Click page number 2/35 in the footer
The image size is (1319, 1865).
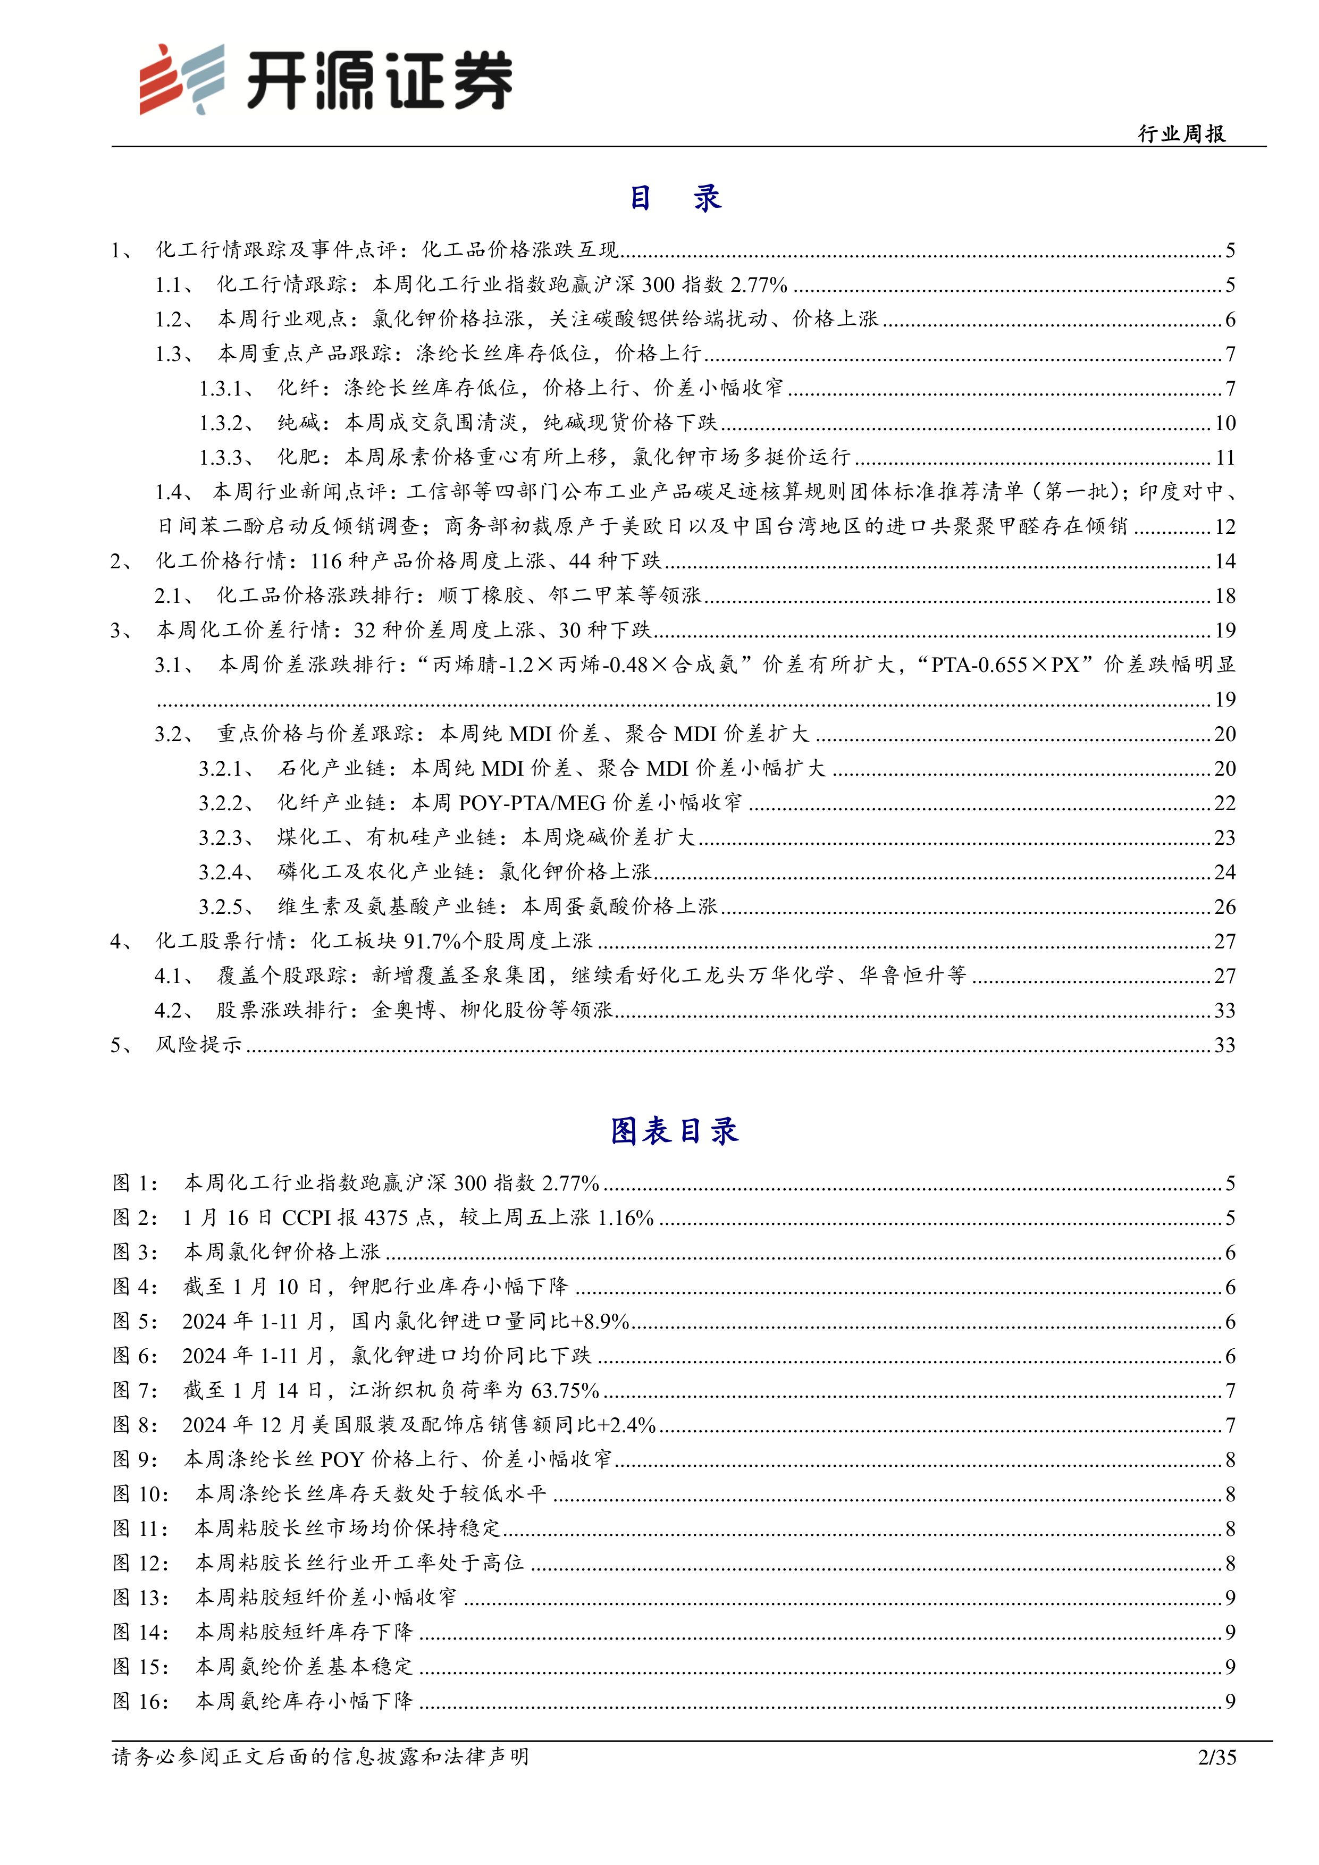[x=1216, y=1757]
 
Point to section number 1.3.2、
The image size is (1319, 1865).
[x=226, y=422]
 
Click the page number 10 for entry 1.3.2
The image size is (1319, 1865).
[x=1225, y=422]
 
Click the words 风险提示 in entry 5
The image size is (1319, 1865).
[x=199, y=1045]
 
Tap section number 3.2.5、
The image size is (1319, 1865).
[x=226, y=906]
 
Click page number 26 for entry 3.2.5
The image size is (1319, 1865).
[x=1225, y=906]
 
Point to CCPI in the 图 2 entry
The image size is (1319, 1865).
[x=307, y=1217]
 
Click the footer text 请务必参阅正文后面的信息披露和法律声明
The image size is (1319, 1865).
[x=320, y=1757]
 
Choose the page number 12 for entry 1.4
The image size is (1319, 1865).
[x=1225, y=526]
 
